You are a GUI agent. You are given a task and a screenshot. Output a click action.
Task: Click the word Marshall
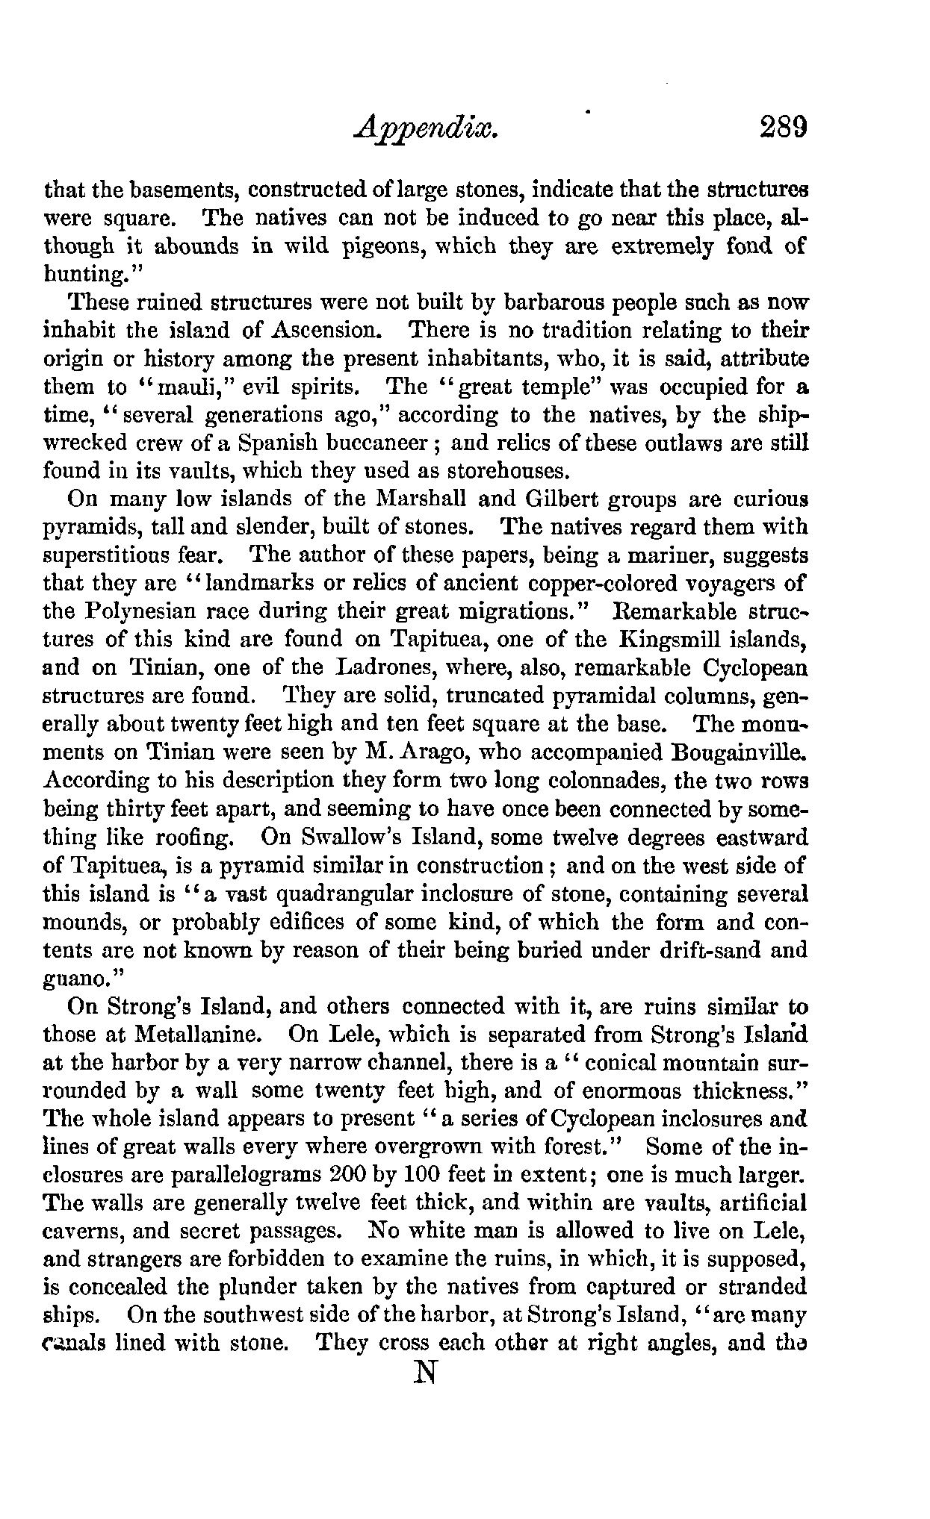click(x=426, y=499)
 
